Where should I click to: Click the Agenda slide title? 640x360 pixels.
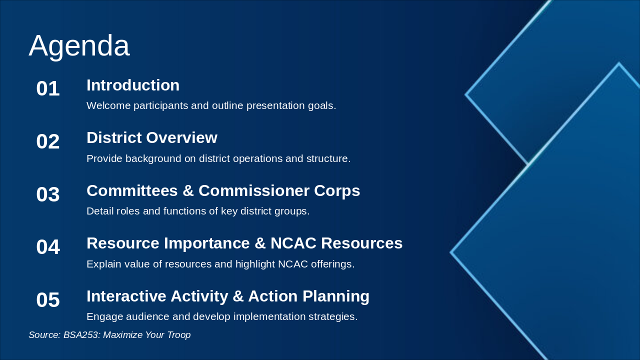79,46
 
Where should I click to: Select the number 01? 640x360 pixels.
48,88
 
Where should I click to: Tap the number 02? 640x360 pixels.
48,141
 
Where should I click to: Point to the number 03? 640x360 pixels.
48,194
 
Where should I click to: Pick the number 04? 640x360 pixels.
48,247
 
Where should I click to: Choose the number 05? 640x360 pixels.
48,299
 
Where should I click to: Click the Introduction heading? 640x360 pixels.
133,85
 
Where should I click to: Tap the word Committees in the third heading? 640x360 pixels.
132,190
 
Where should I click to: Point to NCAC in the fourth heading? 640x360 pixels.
293,243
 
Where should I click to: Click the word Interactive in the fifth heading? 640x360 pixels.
126,296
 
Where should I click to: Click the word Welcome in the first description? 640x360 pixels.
108,105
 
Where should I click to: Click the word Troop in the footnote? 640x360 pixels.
179,335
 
